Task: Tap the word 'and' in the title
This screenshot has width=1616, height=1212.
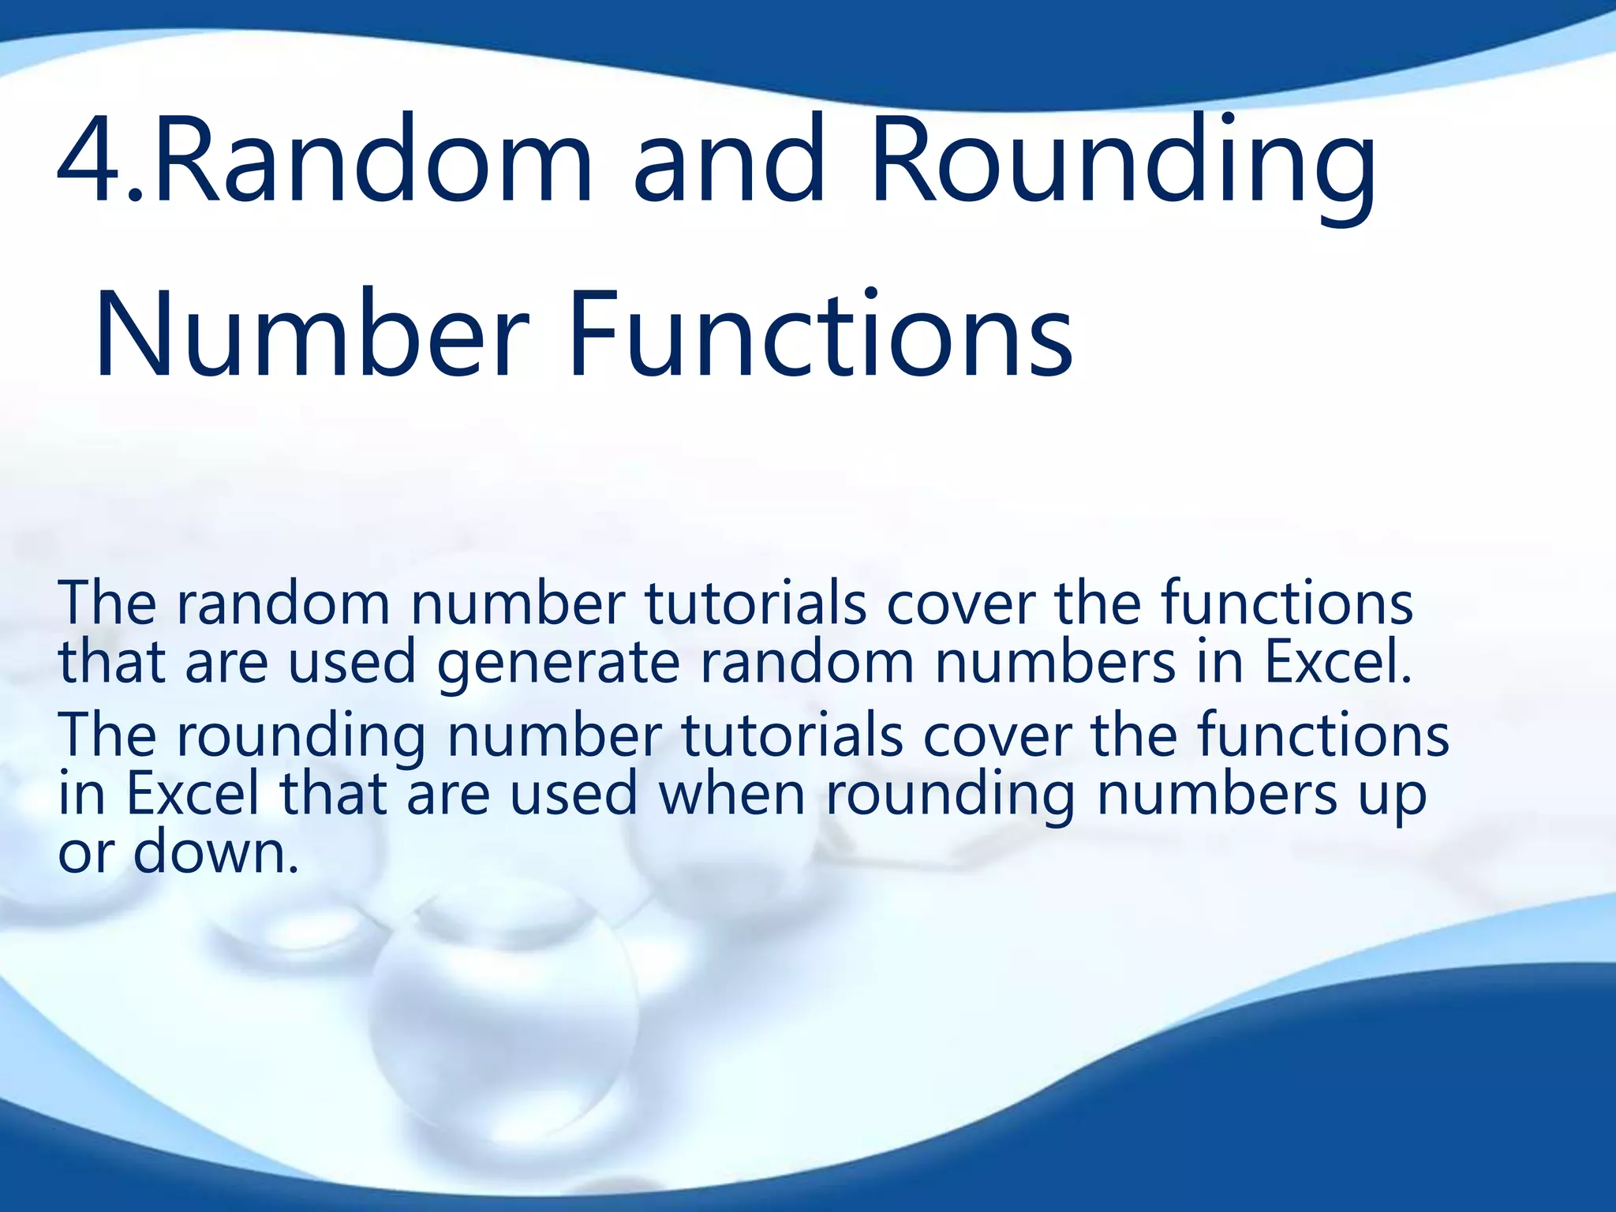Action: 729,162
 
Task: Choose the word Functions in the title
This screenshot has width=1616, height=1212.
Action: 821,335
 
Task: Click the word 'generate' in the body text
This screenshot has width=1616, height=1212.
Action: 557,664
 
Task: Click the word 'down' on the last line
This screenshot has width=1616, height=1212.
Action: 216,854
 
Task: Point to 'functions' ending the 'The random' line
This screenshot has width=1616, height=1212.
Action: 1286,604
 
